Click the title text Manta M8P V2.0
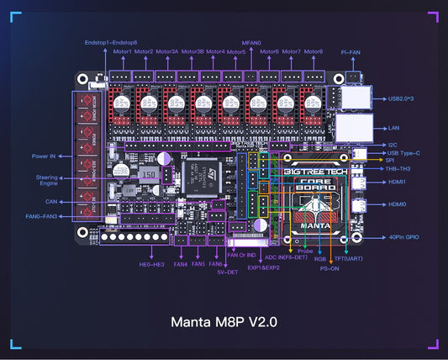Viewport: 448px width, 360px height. (224, 320)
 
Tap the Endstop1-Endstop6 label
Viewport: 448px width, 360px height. (111, 41)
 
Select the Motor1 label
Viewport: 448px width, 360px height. (123, 51)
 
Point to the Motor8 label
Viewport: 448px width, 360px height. (313, 51)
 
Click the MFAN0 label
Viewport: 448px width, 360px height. (251, 41)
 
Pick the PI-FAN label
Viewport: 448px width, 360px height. (350, 51)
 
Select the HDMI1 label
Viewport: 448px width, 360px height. (397, 180)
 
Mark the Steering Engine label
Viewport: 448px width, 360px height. (47, 180)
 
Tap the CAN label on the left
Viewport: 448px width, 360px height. (52, 202)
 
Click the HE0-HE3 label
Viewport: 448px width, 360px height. (150, 264)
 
